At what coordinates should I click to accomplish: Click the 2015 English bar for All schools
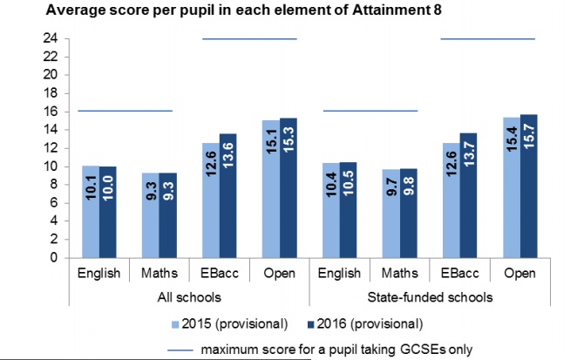point(90,212)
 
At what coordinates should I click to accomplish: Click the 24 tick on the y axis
point(53,38)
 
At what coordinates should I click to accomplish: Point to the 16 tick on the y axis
point(53,112)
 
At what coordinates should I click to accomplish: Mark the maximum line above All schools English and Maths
point(126,111)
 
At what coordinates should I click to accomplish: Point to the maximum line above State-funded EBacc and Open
point(487,38)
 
